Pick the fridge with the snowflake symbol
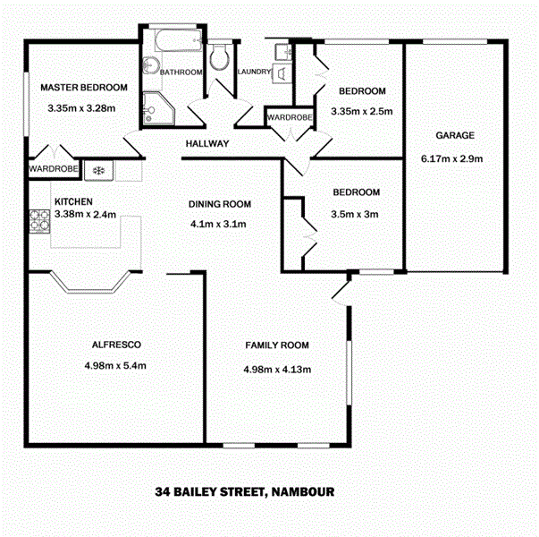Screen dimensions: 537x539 99,168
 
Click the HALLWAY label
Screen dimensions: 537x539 207,144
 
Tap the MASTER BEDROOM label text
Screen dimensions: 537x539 84,88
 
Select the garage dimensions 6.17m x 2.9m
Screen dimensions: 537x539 451,159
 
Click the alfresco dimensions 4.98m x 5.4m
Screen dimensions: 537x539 114,365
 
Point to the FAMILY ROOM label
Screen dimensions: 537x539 277,345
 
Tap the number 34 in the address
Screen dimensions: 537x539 162,491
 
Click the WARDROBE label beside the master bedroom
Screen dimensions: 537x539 53,167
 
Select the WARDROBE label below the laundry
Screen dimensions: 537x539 288,117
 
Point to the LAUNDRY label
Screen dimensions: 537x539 254,73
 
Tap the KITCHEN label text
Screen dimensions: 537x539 72,201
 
